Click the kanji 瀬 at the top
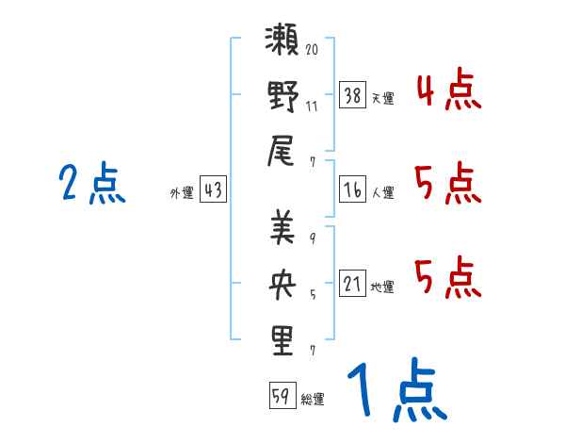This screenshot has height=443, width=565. click(282, 40)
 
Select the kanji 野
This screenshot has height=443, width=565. click(283, 96)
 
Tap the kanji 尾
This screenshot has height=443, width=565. click(281, 151)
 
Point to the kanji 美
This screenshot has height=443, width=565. click(282, 227)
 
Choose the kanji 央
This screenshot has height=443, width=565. click(282, 284)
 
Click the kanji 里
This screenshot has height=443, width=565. click(282, 340)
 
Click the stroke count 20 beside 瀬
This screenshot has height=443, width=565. click(312, 49)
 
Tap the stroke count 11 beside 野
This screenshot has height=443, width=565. click(312, 107)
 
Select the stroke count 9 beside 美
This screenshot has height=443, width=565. click(313, 238)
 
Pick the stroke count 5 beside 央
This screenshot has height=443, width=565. click(313, 295)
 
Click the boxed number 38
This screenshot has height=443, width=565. click(353, 95)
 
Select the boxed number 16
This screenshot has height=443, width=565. click(353, 189)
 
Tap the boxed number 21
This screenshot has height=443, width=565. click(353, 283)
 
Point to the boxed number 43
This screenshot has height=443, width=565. click(214, 189)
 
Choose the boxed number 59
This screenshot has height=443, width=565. click(282, 395)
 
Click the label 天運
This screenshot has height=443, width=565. click(383, 98)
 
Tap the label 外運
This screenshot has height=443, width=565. click(182, 192)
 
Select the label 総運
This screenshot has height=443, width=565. click(313, 399)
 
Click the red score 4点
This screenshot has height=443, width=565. click(448, 90)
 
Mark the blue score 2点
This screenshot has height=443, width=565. click(92, 183)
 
